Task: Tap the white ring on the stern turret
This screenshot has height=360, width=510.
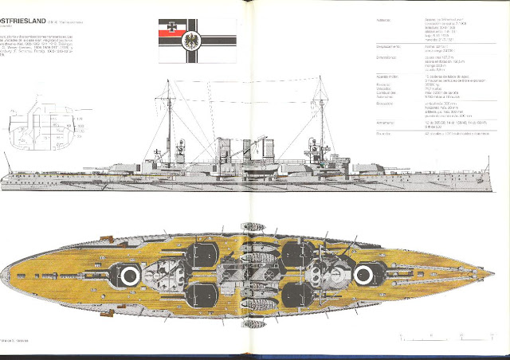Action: coord(129,276)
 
